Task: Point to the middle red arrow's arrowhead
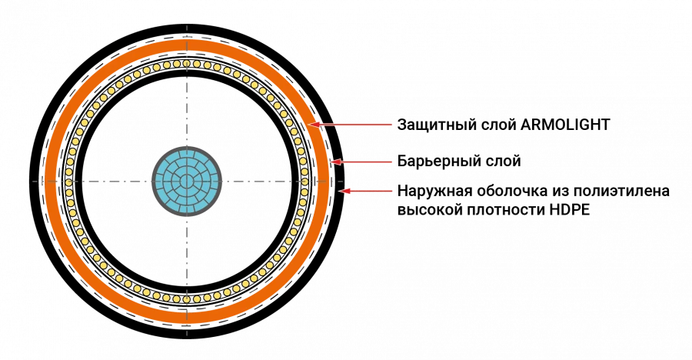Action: coord(331,162)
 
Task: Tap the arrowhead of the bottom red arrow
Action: coord(341,191)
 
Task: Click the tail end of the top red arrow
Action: coord(393,125)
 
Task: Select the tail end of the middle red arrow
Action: coord(393,162)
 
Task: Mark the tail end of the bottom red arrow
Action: coord(393,191)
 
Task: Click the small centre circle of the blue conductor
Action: coord(187,182)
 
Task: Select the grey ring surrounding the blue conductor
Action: coord(187,148)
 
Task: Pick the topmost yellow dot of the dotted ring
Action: coord(187,64)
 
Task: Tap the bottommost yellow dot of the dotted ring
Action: coord(187,300)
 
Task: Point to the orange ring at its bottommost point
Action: coord(187,317)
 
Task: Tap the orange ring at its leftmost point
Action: coord(52,182)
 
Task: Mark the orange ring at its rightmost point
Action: coord(322,182)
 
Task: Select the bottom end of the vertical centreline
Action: coord(187,335)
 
